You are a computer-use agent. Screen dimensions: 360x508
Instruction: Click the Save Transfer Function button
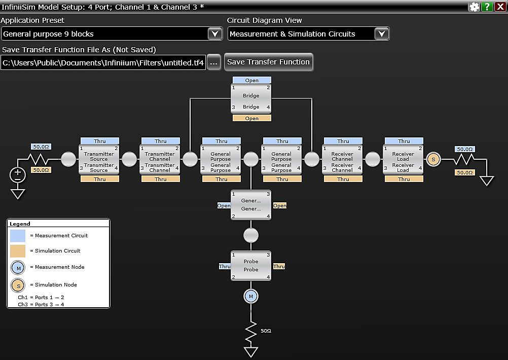pyautogui.click(x=268, y=62)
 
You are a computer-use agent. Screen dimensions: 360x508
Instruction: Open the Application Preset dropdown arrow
pyautogui.click(x=215, y=34)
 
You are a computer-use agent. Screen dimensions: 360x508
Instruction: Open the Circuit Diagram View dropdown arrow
pyautogui.click(x=382, y=34)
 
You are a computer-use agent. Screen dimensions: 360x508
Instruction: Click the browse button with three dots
pyautogui.click(x=214, y=63)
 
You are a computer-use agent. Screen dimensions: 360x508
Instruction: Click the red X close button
pyautogui.click(x=500, y=7)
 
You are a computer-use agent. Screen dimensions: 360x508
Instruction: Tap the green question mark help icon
pyautogui.click(x=487, y=7)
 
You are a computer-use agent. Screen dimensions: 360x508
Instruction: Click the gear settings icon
pyautogui.click(x=475, y=7)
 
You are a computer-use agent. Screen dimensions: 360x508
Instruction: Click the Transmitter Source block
pyautogui.click(x=99, y=159)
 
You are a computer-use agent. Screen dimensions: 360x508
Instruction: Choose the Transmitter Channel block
pyautogui.click(x=160, y=159)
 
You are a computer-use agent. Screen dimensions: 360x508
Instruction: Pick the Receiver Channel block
pyautogui.click(x=342, y=159)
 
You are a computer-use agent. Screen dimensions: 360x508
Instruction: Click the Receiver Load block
pyautogui.click(x=403, y=159)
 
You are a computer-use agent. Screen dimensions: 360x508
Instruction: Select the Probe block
pyautogui.click(x=251, y=266)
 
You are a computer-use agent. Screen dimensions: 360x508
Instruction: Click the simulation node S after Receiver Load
pyautogui.click(x=433, y=159)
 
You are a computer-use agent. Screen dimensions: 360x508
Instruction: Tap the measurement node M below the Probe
pyautogui.click(x=251, y=296)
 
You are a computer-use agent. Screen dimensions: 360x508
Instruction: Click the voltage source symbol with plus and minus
pyautogui.click(x=18, y=175)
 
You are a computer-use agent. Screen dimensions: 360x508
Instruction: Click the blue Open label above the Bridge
pyautogui.click(x=251, y=80)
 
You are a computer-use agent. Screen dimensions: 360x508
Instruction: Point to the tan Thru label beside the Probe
pyautogui.click(x=279, y=266)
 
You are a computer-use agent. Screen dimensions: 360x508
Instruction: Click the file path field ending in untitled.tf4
pyautogui.click(x=103, y=63)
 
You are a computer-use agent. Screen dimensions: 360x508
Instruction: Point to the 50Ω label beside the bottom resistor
pyautogui.click(x=266, y=331)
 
